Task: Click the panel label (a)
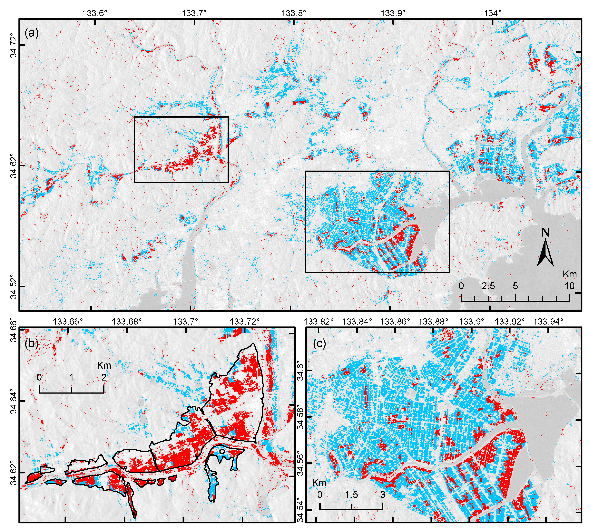point(31,33)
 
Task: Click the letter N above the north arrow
point(545,232)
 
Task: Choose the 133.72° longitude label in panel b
point(245,322)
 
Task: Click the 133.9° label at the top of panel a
point(393,13)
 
